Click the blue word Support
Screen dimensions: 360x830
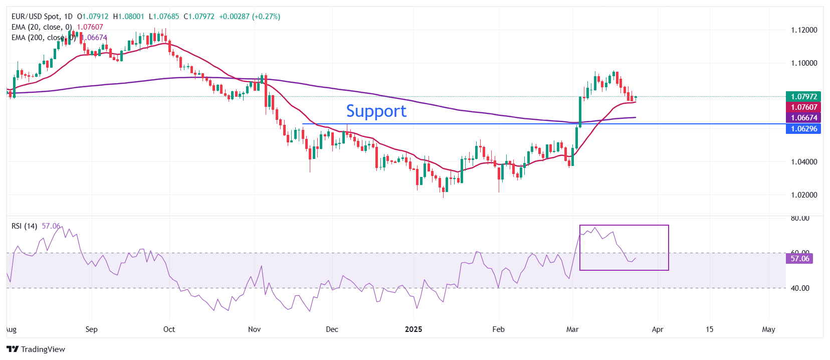[376, 111]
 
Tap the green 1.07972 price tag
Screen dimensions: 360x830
[804, 96]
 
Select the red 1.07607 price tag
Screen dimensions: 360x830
[804, 107]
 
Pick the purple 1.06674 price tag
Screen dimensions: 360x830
[804, 118]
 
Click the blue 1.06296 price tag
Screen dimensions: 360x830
[804, 129]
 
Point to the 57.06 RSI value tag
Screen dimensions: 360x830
[799, 259]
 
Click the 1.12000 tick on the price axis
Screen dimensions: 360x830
[804, 30]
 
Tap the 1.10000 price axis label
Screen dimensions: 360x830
[804, 63]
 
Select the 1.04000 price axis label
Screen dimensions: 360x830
[804, 162]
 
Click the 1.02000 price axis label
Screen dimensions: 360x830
[804, 195]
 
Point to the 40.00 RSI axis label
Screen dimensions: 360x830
[800, 288]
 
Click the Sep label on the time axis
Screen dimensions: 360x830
[91, 329]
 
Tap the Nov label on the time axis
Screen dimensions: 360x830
[254, 329]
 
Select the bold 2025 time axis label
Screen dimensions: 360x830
[413, 329]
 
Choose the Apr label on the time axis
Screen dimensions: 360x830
[658, 329]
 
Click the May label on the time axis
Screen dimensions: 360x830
[768, 329]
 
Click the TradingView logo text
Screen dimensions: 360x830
[43, 349]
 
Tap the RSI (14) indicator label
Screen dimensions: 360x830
[24, 226]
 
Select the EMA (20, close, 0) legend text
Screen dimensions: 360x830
[42, 27]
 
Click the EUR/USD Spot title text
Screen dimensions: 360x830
[35, 17]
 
